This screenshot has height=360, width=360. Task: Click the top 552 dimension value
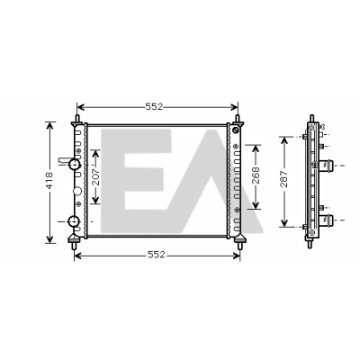(x=154, y=107)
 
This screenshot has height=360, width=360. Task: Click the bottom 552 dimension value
(x=157, y=255)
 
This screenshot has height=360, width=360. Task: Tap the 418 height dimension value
(x=49, y=180)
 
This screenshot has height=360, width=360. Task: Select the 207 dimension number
(x=94, y=177)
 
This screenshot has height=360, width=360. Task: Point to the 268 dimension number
(x=256, y=175)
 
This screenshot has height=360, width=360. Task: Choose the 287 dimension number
(x=284, y=179)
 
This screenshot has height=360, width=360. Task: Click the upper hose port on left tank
(x=74, y=164)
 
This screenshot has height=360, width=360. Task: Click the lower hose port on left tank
(x=74, y=221)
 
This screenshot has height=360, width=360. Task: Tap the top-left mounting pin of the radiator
(x=77, y=118)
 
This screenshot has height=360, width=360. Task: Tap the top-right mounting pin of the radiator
(x=238, y=118)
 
